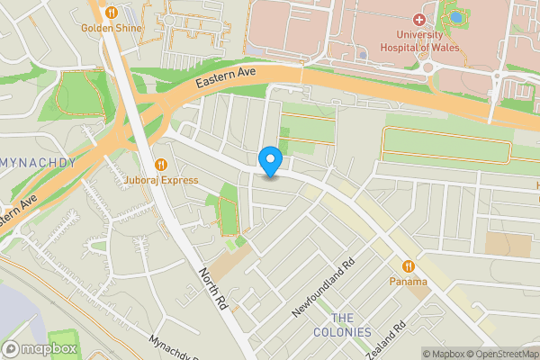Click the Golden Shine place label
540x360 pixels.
point(112,27)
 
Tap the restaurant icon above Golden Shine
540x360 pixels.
point(112,13)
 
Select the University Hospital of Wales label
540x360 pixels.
point(419,40)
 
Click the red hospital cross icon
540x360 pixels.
point(419,20)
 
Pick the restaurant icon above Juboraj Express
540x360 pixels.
point(162,164)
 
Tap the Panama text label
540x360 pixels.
point(408,282)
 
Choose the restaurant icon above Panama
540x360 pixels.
point(408,266)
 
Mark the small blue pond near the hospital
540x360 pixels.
point(456,16)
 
